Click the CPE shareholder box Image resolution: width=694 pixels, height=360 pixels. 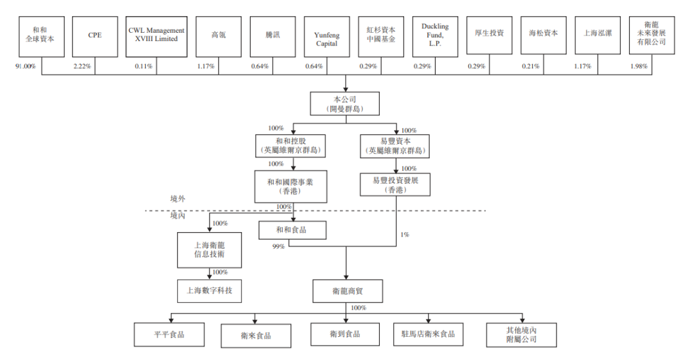point(95,35)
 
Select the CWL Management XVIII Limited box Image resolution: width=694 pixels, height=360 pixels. point(156,35)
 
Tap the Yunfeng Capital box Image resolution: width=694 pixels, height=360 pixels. point(326,35)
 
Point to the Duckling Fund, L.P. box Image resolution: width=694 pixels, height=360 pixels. point(435,35)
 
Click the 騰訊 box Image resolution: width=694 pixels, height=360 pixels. point(272,35)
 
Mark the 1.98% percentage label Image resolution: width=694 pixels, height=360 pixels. point(639,66)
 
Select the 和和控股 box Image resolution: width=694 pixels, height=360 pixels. point(293,146)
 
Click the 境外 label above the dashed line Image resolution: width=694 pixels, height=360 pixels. point(178,199)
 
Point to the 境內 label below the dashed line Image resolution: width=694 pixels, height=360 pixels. point(178,216)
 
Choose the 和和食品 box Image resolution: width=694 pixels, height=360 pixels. point(291,230)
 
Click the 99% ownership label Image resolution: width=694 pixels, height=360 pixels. point(278,246)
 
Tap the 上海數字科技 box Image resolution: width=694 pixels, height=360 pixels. point(209,291)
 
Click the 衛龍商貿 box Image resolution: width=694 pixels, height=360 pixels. point(348,291)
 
